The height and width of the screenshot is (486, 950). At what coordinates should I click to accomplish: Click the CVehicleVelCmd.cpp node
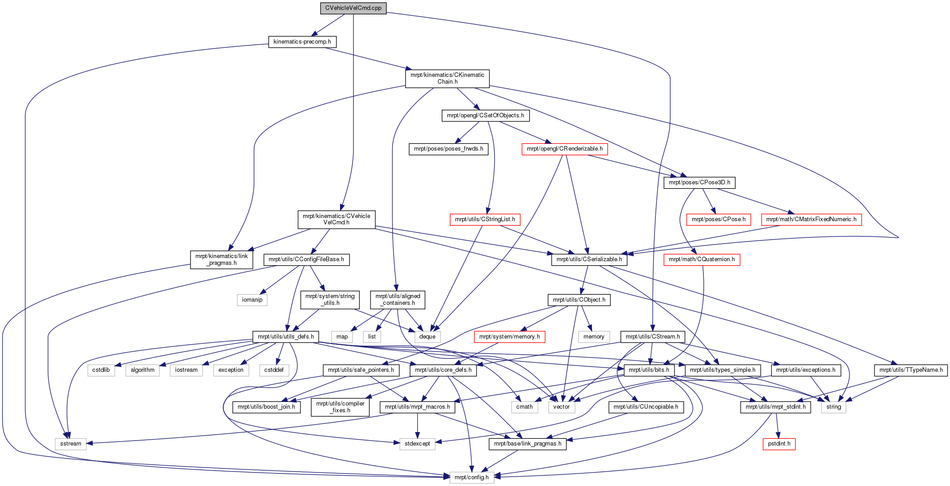353,8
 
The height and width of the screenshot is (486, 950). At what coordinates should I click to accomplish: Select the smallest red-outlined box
779,444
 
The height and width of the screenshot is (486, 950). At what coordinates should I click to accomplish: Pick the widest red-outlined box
811,219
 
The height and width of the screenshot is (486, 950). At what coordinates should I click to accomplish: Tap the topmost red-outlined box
565,149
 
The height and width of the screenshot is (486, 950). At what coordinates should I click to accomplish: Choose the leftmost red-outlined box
485,219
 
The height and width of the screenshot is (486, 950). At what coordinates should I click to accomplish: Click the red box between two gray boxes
509,337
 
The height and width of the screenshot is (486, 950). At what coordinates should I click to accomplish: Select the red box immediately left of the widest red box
719,219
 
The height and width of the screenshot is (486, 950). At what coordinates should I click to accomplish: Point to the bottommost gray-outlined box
472,477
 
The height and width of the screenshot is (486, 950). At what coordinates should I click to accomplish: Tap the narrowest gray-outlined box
372,337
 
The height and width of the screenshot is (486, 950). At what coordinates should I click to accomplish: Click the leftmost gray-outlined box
71,444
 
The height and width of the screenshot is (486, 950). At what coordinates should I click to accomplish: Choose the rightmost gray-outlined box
834,407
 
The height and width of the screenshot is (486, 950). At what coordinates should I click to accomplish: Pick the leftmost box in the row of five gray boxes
101,370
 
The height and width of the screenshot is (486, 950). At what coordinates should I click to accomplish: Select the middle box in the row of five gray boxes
186,370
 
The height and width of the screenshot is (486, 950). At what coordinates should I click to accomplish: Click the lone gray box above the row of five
252,300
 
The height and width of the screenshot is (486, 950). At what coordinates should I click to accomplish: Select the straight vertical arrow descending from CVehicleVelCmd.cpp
353,112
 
